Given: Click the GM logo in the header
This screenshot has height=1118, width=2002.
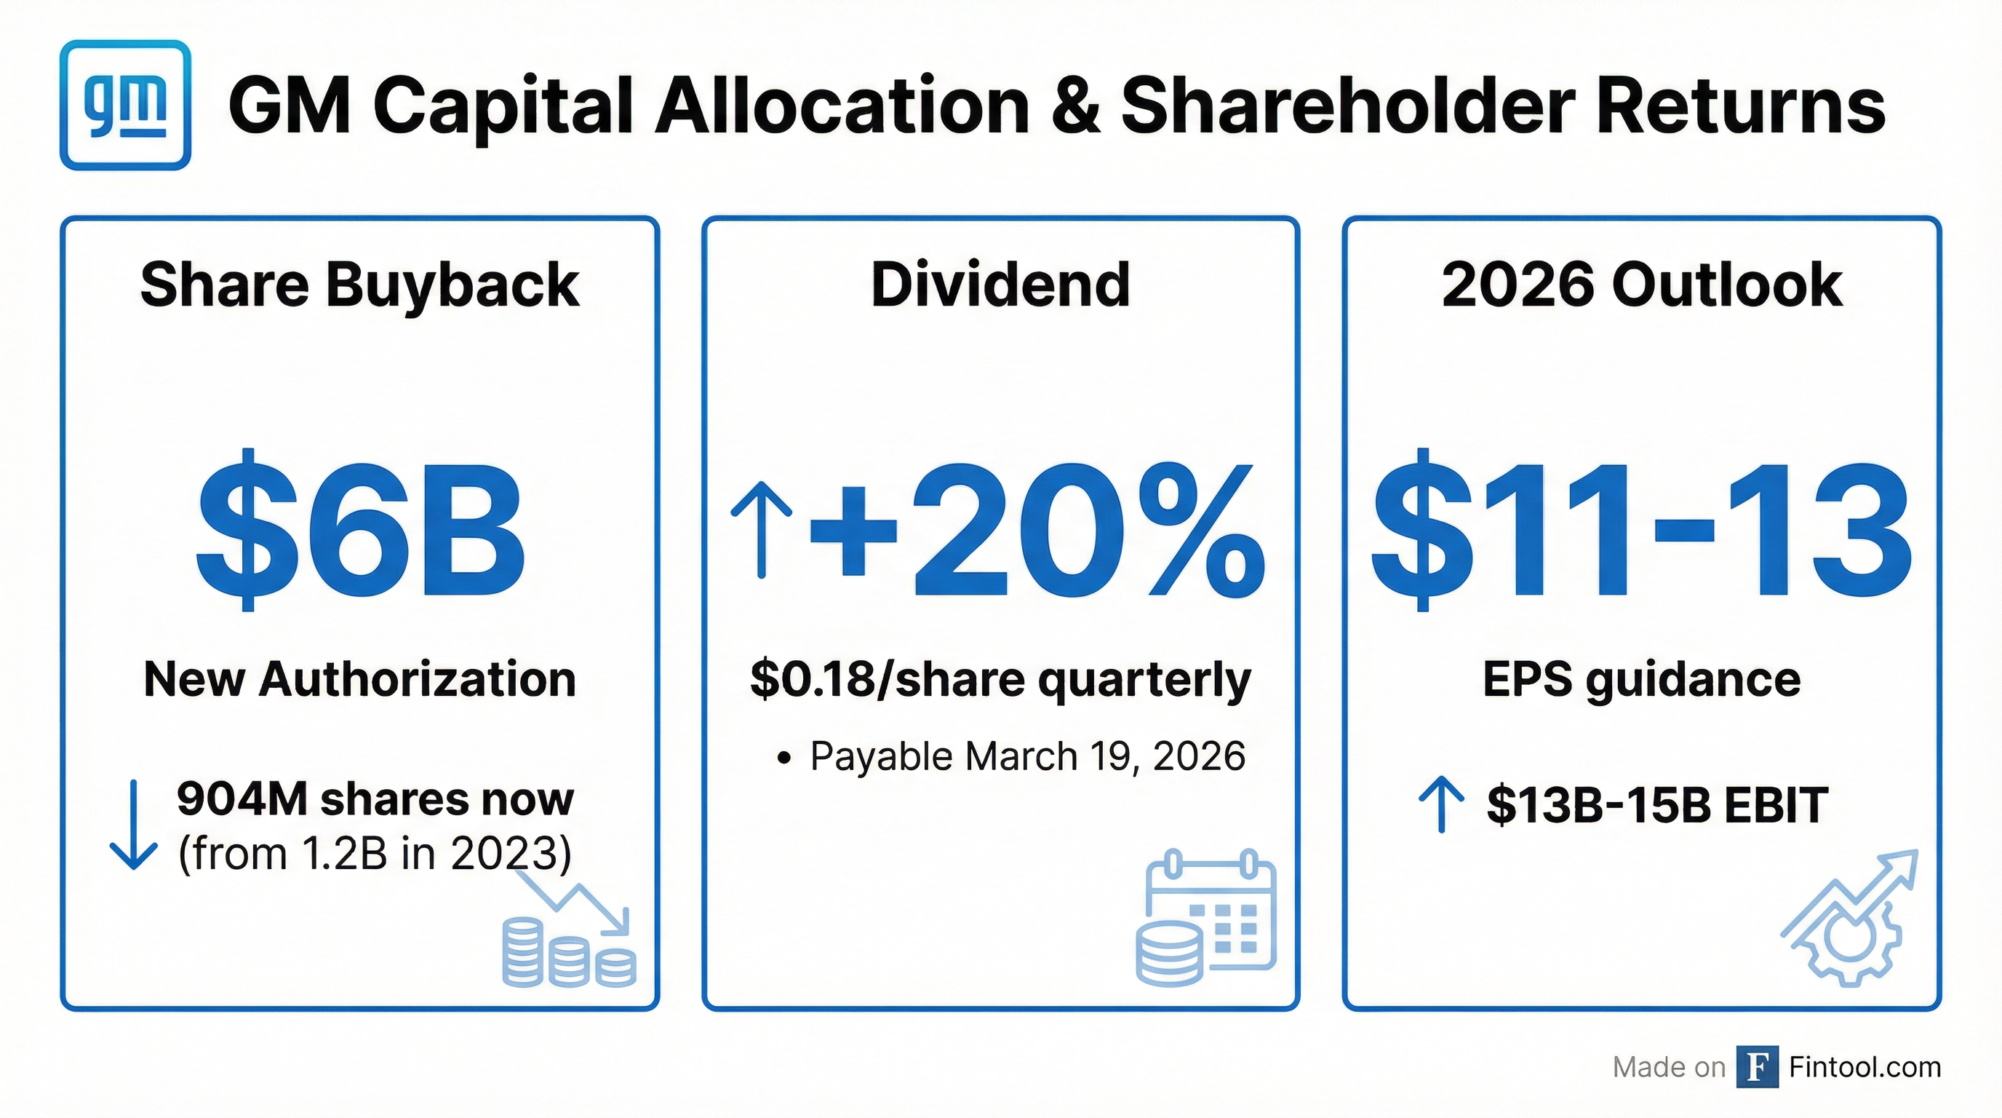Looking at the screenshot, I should [x=125, y=105].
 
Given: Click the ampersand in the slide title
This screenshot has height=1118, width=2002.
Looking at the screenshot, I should [x=1074, y=106].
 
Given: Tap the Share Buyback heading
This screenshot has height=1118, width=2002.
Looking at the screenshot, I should [x=360, y=285].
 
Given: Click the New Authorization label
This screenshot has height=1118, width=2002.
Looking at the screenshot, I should [x=360, y=678].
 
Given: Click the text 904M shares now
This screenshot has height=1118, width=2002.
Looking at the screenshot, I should [x=375, y=798].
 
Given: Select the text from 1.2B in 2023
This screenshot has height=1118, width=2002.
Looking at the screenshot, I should [x=375, y=853].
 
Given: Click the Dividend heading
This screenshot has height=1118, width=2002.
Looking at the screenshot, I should [x=1000, y=285].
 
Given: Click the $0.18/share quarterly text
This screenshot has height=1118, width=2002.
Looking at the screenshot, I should [x=1000, y=678].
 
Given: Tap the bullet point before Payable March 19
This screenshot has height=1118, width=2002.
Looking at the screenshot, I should [x=784, y=758].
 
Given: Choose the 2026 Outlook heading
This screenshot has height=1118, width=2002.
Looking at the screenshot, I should [x=1641, y=285].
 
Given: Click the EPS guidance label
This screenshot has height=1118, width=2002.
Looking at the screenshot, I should [x=1641, y=678].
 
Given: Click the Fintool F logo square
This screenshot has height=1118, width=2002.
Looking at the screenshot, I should [x=1757, y=1068].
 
